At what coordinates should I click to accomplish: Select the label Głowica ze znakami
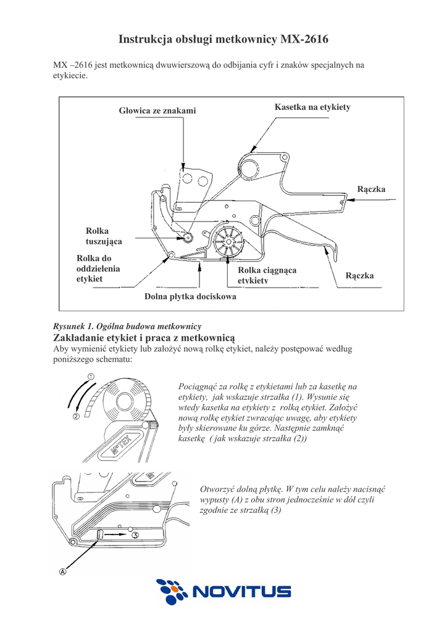157,110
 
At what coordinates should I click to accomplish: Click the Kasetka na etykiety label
312,107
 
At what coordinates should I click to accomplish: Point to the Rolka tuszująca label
103,236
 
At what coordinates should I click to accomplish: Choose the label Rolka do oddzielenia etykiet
98,268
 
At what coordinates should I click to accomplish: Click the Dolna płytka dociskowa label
190,296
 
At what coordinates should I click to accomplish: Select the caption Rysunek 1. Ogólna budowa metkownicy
128,326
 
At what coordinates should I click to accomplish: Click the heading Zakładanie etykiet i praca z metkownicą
145,338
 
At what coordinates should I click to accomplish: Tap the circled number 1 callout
90,376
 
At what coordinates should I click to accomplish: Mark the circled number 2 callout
76,417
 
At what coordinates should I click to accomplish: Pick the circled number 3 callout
135,535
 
